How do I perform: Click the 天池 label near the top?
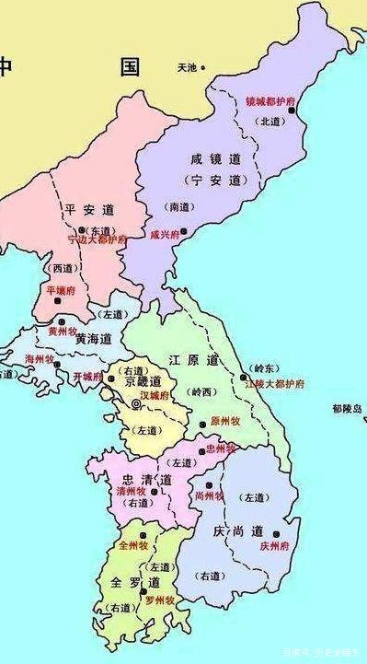pos(188,67)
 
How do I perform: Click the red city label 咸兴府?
pos(166,234)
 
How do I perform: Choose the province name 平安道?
pos(88,210)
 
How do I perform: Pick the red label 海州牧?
pos(40,358)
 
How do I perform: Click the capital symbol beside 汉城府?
pos(137,403)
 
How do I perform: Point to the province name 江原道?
pos(195,358)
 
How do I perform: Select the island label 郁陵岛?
pos(347,408)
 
